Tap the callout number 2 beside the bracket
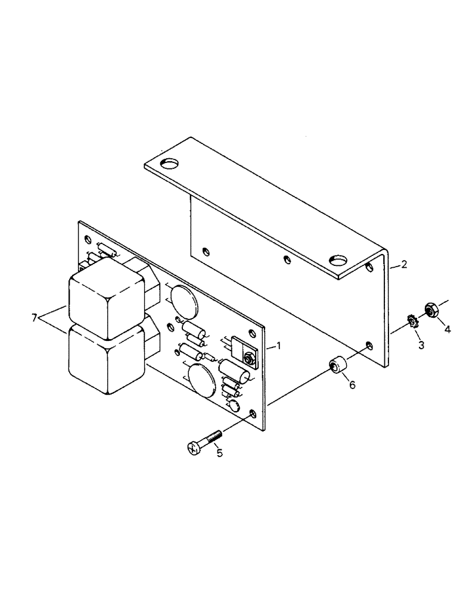(x=405, y=264)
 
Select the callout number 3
(x=421, y=345)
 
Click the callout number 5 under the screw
(x=219, y=453)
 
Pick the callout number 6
(x=352, y=384)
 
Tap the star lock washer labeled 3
(x=410, y=324)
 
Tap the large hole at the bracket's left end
(x=171, y=162)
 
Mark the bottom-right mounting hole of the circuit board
(x=254, y=413)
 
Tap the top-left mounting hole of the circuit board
(x=88, y=240)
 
